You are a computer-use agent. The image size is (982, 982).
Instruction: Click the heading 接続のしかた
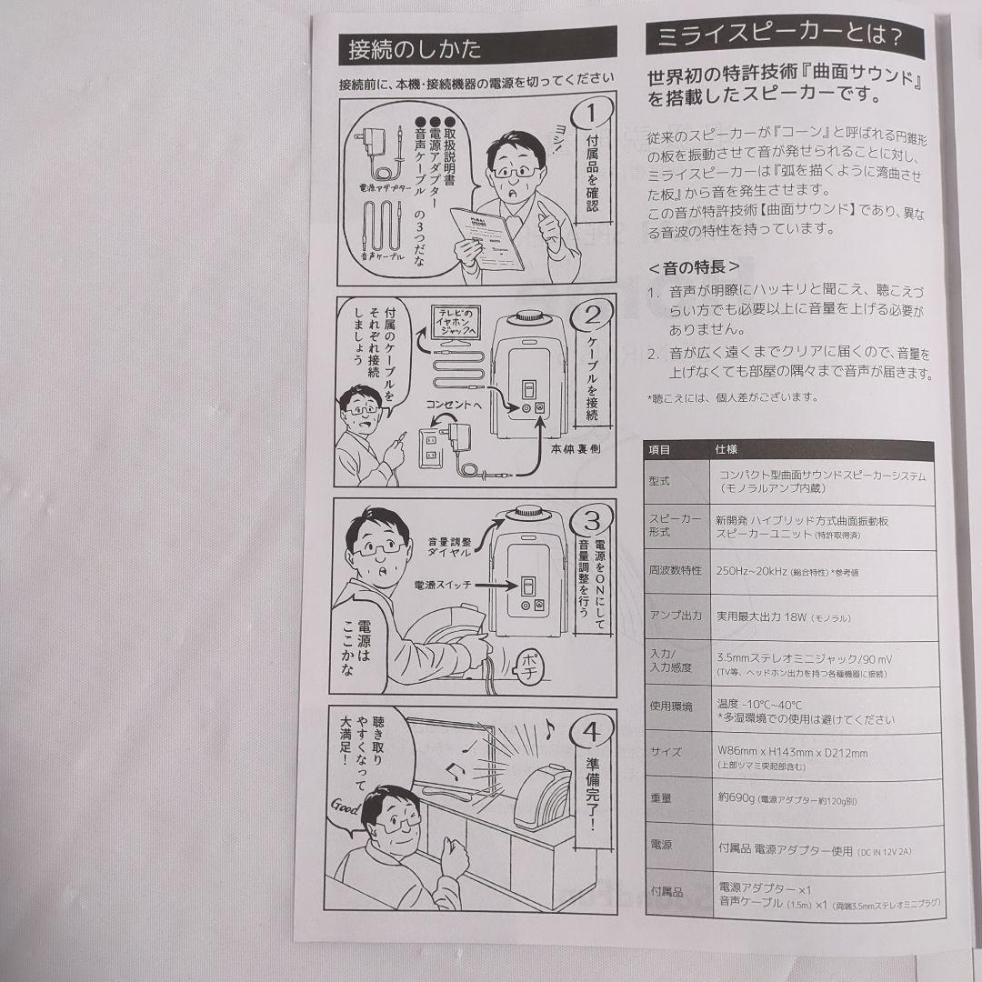click(x=415, y=49)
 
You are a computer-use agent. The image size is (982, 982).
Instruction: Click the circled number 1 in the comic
click(x=590, y=115)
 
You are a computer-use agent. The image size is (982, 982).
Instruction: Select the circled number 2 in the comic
click(x=592, y=317)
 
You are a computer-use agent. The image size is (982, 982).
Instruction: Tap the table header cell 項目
click(x=660, y=449)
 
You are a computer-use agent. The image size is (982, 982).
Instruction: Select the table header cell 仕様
click(x=726, y=449)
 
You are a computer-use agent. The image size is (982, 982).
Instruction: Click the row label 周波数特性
click(x=675, y=571)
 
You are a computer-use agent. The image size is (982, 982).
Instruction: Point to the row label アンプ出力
click(x=676, y=616)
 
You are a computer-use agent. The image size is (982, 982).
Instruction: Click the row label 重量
click(x=661, y=797)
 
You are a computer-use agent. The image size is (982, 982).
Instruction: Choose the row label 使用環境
click(x=671, y=706)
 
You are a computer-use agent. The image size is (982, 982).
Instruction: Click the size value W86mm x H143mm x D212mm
click(x=793, y=753)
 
